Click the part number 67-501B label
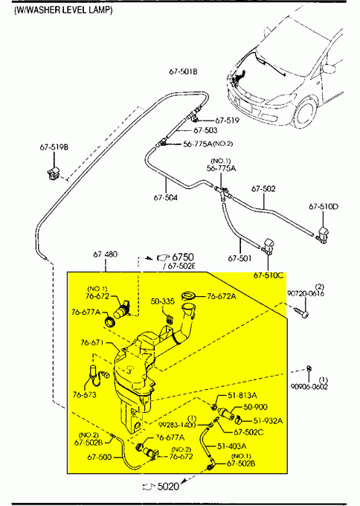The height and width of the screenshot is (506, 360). [x=183, y=71]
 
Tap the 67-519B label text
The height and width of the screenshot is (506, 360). [x=54, y=147]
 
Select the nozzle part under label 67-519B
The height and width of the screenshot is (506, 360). [x=54, y=173]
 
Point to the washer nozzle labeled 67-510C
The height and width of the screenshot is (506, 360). [x=268, y=246]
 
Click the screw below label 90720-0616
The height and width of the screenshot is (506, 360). [x=302, y=312]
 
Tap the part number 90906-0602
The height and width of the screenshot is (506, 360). [x=309, y=387]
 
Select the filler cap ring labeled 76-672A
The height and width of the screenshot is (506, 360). [x=189, y=295]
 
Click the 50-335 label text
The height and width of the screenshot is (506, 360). [x=163, y=301]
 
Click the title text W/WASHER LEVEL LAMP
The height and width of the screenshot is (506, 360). [x=63, y=10]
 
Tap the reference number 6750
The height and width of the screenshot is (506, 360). [x=183, y=257]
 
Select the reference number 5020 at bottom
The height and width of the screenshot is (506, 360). [x=168, y=486]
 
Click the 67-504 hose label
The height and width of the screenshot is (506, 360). [x=165, y=197]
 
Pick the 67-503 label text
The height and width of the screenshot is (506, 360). [x=205, y=130]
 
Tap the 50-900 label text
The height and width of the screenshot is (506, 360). [x=255, y=407]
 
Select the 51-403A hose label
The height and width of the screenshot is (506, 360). [x=231, y=446]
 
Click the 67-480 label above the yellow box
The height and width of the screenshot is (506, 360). [x=105, y=254]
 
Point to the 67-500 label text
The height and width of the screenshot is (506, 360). [x=100, y=457]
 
